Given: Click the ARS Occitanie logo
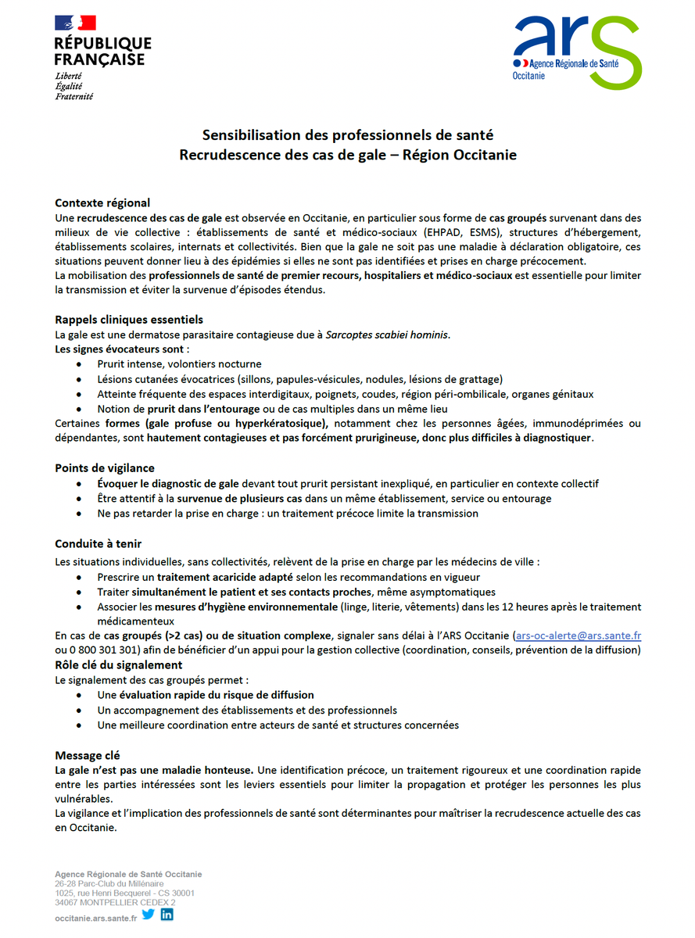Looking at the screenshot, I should (x=577, y=51).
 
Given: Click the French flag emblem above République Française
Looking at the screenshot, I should (x=74, y=24).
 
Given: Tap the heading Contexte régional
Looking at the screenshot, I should (x=102, y=203).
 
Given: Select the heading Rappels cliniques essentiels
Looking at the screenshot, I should (x=129, y=320).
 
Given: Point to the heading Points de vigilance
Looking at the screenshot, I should (x=105, y=468).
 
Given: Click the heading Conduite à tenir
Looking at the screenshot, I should (x=98, y=544).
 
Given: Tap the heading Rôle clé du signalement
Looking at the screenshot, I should (x=118, y=665).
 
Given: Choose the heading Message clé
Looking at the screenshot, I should (x=88, y=755).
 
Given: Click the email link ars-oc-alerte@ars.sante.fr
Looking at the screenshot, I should (x=579, y=636).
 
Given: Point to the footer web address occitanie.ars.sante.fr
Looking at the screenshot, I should (x=95, y=918).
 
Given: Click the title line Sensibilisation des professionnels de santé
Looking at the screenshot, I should (x=348, y=135).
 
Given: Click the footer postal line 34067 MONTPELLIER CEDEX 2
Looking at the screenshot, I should (x=115, y=902).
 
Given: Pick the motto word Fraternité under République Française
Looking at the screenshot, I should (x=74, y=97).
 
